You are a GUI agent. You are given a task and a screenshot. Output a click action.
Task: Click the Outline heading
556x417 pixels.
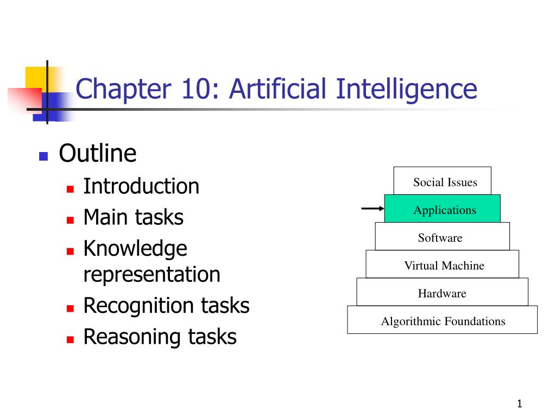tap(97, 154)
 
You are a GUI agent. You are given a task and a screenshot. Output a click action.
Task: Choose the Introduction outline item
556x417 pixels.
tap(141, 186)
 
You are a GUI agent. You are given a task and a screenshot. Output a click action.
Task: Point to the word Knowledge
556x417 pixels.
tap(135, 249)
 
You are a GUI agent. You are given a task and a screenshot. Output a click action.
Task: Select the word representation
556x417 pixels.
tap(151, 275)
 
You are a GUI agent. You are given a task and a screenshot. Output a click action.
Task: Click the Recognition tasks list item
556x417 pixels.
tap(166, 306)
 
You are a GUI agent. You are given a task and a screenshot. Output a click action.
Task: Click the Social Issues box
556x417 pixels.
tap(443, 181)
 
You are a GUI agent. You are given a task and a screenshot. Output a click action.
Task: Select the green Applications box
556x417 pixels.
tap(443, 210)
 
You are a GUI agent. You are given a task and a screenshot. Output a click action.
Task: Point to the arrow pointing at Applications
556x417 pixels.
tap(372, 208)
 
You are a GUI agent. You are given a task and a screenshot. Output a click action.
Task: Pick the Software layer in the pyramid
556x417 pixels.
tap(443, 237)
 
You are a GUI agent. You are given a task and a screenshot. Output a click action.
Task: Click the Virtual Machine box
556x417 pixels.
tap(443, 265)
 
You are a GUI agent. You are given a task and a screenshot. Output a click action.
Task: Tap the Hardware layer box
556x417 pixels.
tap(443, 293)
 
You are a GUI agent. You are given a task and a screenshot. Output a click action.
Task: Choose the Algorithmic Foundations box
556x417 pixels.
tap(443, 321)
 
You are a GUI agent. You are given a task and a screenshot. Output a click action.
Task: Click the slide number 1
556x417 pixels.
tap(519, 403)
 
